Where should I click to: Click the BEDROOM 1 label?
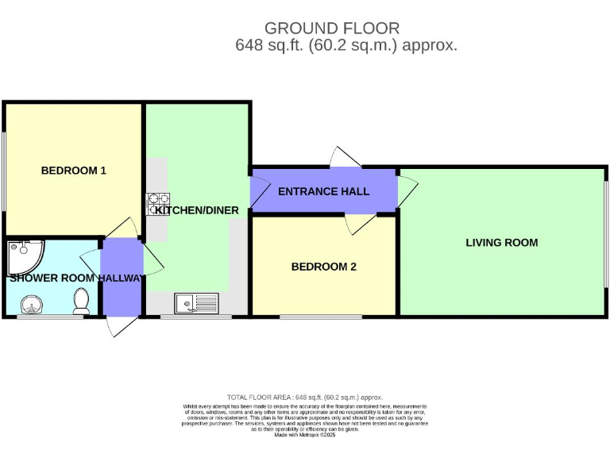[x=74, y=171]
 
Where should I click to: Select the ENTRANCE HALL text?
[x=323, y=192]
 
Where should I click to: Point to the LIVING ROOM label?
[x=501, y=243]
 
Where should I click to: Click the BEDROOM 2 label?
[x=323, y=267]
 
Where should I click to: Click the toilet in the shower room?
[x=81, y=300]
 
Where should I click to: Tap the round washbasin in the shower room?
[x=31, y=303]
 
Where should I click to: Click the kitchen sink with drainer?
[x=196, y=302]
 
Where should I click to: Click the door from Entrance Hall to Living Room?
[x=406, y=190]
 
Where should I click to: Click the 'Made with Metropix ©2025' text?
[x=305, y=435]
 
